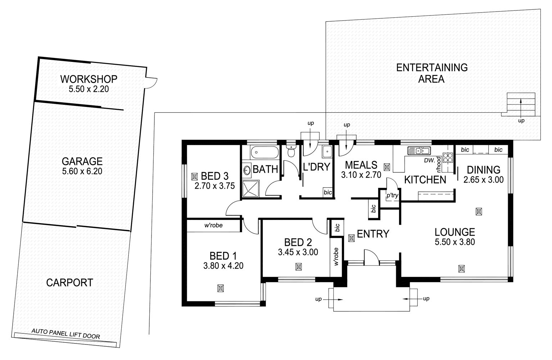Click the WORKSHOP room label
pos(89,79)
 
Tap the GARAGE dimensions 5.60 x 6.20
pos(82,171)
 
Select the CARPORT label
pos(69,283)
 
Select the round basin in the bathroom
pos(247,170)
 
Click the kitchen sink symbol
pos(418,150)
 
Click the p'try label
pos(392,196)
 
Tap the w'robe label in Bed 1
pos(213,225)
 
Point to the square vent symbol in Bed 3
pos(195,176)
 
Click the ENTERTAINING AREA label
pos(431,73)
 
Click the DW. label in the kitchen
pos(429,160)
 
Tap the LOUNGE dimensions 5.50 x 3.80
pos(454,242)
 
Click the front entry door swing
pos(371,256)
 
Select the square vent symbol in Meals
pos(387,167)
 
